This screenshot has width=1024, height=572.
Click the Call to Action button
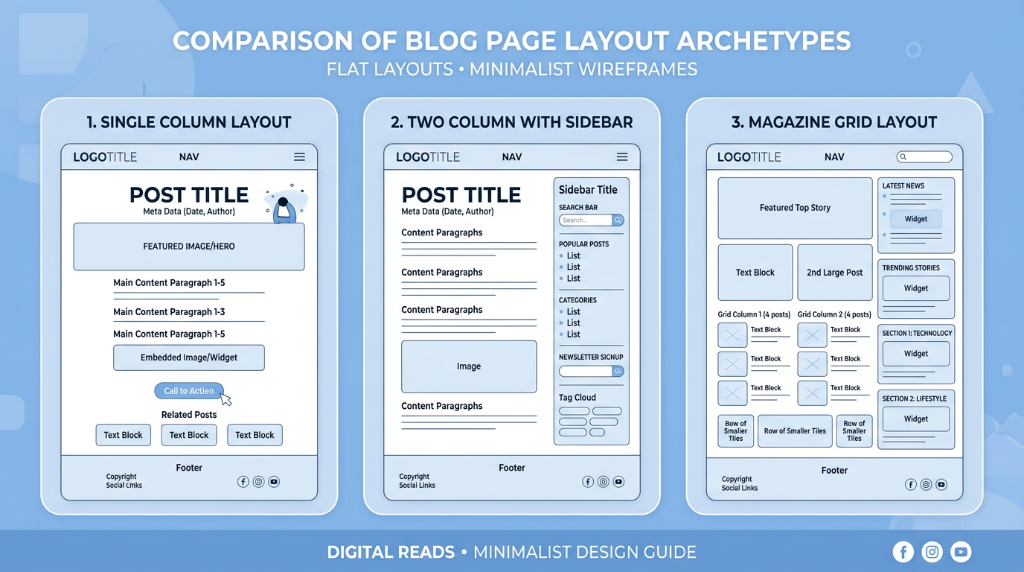[188, 391]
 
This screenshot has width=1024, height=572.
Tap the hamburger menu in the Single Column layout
[299, 157]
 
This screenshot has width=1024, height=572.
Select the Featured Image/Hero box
[189, 247]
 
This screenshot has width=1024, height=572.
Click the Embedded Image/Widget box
[189, 357]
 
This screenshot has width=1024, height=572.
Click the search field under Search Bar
[586, 220]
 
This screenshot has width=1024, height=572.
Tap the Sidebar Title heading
[588, 190]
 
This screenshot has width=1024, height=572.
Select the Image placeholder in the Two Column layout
[469, 366]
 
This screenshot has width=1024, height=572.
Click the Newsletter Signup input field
[586, 371]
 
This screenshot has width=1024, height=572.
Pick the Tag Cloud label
[577, 398]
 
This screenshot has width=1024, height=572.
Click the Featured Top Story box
[795, 208]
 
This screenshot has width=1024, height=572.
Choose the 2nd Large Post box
[835, 273]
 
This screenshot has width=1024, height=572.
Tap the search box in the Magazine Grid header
[924, 157]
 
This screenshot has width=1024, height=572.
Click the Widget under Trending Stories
[916, 288]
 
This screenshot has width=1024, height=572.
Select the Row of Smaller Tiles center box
[795, 431]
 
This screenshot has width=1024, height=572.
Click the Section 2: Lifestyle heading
[915, 399]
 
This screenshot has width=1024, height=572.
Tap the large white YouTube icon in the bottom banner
[961, 552]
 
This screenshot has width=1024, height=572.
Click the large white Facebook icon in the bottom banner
[903, 552]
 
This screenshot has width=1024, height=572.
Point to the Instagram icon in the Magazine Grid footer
[926, 485]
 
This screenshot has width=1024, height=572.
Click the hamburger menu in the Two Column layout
[622, 157]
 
